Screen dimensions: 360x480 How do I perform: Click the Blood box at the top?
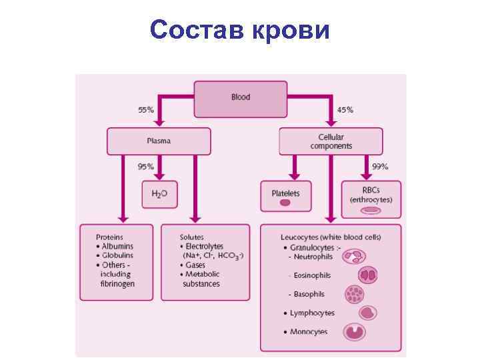coord(240,97)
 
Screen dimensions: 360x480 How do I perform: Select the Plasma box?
coord(159,141)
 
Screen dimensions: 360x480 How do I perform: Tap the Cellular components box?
coord(331,141)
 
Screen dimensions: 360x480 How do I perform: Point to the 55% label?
coord(146,109)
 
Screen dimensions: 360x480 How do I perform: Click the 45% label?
coord(345,109)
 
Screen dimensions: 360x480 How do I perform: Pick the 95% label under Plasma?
coord(145,166)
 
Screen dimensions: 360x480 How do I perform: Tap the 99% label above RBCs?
coord(380,166)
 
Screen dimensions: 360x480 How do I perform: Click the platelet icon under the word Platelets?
coord(285,203)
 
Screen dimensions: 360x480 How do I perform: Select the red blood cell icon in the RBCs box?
coord(371,210)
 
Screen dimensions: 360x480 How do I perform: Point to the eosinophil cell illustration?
coord(368,274)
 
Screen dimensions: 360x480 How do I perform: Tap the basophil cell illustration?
coord(355,294)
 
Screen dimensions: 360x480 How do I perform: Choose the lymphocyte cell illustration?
coord(368,312)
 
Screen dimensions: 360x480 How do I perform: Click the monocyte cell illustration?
coord(355,331)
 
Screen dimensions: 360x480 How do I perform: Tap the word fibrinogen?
coord(117,283)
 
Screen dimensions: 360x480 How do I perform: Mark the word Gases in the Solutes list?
coord(195,265)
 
